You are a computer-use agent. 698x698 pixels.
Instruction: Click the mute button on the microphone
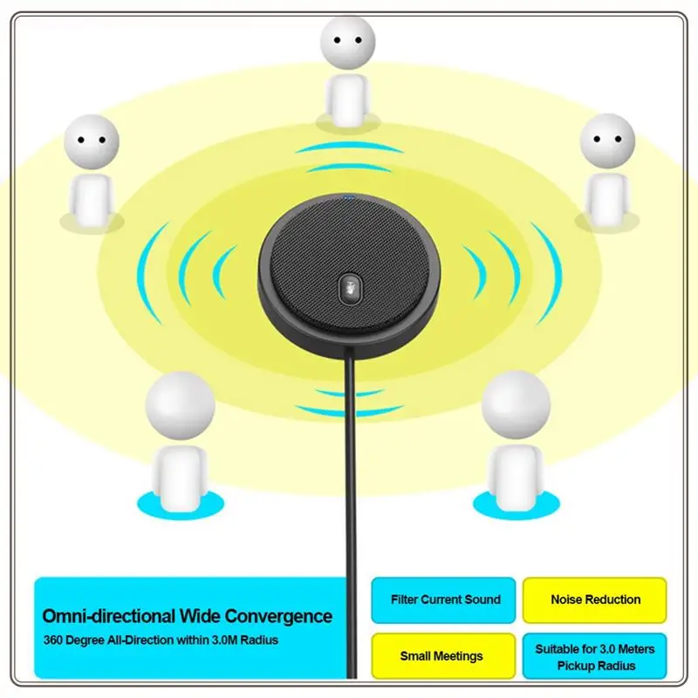(349, 286)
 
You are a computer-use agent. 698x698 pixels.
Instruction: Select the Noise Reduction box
(594, 599)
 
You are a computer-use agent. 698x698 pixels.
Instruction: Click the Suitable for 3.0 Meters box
(594, 656)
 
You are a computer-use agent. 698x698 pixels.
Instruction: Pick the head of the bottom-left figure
(179, 405)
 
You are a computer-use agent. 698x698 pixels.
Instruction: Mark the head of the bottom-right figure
(516, 405)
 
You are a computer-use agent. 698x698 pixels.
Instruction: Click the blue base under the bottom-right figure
(515, 503)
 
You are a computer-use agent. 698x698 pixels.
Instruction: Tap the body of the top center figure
(348, 99)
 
